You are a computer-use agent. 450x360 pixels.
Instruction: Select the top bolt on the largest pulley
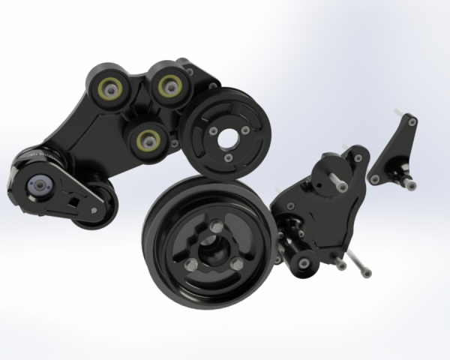215,223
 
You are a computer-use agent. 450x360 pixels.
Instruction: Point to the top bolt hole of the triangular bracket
412,121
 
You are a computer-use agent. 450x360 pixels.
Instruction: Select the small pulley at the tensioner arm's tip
100,203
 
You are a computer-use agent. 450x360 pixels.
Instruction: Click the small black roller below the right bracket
303,260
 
